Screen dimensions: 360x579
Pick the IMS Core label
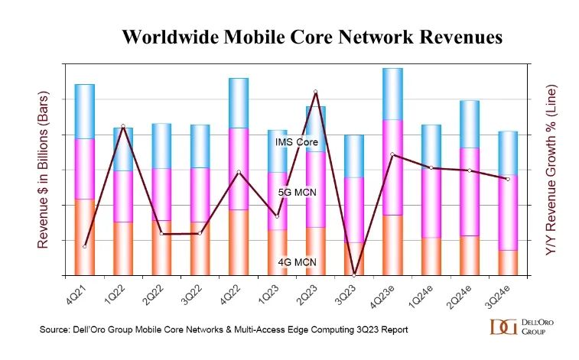(297, 141)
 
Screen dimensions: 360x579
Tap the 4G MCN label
(298, 262)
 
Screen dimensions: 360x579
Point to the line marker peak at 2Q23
(315, 92)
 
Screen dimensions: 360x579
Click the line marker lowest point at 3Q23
(354, 274)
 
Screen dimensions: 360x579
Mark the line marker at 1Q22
(123, 126)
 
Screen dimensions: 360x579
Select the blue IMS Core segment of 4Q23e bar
(392, 93)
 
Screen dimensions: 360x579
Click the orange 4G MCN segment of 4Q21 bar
(84, 236)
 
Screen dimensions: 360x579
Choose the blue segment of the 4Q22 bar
(239, 102)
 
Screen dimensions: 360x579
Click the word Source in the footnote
(55, 329)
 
